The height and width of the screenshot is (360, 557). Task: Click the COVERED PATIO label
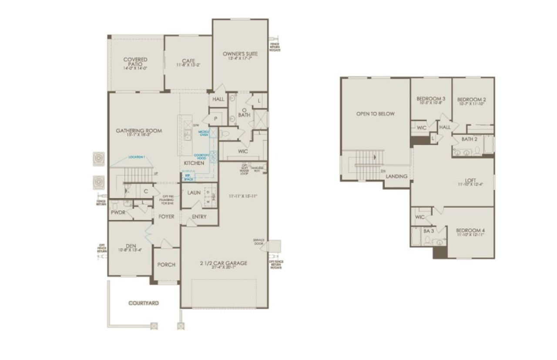(x=135, y=62)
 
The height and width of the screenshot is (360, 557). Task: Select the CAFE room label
(x=188, y=61)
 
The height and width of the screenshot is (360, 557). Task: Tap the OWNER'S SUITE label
(x=240, y=54)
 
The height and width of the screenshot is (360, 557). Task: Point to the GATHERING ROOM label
(x=139, y=131)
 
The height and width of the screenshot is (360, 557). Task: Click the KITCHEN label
(x=194, y=163)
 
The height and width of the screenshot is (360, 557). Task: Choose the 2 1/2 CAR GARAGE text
(x=224, y=263)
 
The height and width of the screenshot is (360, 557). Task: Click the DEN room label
(x=131, y=245)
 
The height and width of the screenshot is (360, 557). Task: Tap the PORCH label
(x=166, y=264)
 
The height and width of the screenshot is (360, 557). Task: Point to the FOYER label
(x=166, y=216)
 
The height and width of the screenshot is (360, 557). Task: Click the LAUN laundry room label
(x=194, y=192)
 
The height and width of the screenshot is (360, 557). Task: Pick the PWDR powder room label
(x=118, y=213)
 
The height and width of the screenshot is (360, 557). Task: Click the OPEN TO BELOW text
(x=375, y=114)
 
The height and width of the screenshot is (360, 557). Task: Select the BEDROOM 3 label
(x=430, y=99)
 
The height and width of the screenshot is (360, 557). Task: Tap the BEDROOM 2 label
(x=472, y=100)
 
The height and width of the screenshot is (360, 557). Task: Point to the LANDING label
(x=397, y=176)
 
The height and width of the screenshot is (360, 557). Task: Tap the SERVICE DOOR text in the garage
(x=259, y=242)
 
